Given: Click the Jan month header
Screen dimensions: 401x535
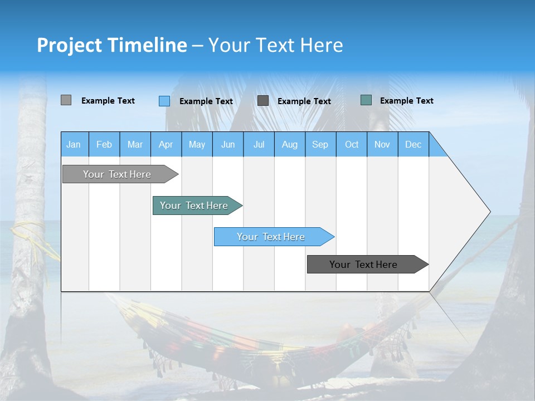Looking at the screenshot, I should [74, 144].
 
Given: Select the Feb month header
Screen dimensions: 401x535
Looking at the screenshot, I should [104, 144].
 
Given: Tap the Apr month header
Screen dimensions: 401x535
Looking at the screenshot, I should [166, 144].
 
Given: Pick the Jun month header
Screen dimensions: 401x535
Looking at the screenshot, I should [228, 144].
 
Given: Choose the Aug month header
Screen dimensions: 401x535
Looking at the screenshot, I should [289, 144].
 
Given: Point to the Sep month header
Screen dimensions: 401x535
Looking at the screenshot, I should [320, 144].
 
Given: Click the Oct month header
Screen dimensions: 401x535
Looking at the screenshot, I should [352, 144].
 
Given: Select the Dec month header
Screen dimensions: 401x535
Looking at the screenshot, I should [413, 144].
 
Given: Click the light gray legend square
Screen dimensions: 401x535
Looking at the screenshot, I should [66, 100].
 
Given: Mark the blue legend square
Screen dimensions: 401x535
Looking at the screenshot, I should [164, 101].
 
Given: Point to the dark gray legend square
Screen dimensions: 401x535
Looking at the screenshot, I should [263, 101].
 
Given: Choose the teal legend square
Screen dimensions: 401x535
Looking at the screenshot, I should [366, 100].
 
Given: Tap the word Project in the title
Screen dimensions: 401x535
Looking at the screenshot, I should [69, 45].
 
